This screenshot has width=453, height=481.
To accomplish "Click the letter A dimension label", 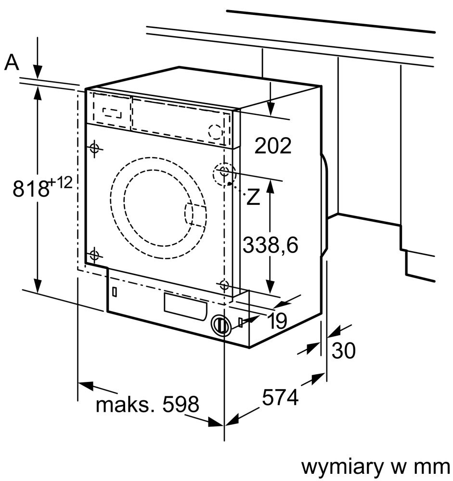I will [x=12, y=62].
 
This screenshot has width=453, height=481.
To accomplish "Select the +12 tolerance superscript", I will [x=61, y=182].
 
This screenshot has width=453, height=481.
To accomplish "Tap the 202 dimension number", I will [x=273, y=145].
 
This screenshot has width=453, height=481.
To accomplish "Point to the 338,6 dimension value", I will [x=270, y=245].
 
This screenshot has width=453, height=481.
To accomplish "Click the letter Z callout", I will [x=253, y=197].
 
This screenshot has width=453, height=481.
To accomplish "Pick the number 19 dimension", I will [x=277, y=320].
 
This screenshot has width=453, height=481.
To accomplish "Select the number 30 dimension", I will [x=343, y=351].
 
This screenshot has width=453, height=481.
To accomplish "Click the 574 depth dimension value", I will [x=280, y=397].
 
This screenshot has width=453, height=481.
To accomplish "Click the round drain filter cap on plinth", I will [x=220, y=325].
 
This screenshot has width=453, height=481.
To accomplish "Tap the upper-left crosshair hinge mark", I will [x=94, y=148].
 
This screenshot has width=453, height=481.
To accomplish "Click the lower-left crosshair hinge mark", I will [x=94, y=255].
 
